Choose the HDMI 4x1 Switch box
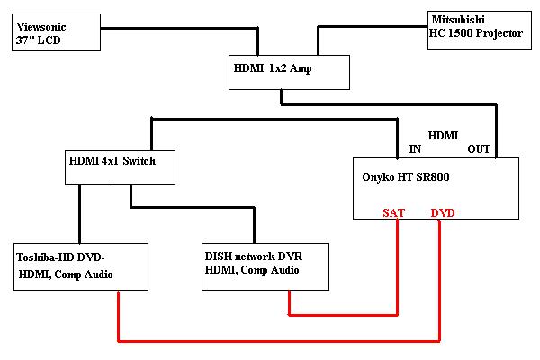pos(118,166)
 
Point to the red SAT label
pos(392,213)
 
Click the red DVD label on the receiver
pos(443,213)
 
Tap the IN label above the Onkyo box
pos(414,149)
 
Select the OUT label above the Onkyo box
pos(479,149)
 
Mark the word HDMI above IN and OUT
pos(443,135)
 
